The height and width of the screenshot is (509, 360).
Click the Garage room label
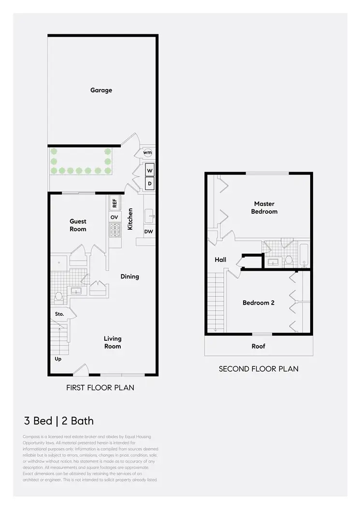[101, 90]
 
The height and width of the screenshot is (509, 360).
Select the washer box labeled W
[150, 171]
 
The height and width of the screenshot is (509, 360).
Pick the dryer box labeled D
[150, 184]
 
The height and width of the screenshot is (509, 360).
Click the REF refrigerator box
[115, 203]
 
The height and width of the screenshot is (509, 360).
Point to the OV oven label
[115, 218]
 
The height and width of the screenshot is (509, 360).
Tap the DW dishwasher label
[149, 232]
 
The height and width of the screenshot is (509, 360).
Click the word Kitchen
[130, 218]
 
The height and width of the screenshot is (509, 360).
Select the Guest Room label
[78, 225]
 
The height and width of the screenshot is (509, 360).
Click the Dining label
[130, 276]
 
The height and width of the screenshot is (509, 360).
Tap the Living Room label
[113, 342]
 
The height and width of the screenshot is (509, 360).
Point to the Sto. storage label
[59, 314]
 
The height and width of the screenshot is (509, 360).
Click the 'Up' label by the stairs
[58, 359]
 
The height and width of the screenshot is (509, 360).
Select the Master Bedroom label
[264, 208]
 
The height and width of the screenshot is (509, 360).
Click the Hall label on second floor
[220, 260]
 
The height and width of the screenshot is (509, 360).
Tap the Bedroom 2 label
[259, 303]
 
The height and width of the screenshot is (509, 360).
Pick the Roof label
[259, 346]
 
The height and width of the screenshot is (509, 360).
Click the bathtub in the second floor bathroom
[304, 255]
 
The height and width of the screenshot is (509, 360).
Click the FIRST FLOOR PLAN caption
[100, 387]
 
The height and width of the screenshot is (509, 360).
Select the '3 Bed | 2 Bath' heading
[59, 421]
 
